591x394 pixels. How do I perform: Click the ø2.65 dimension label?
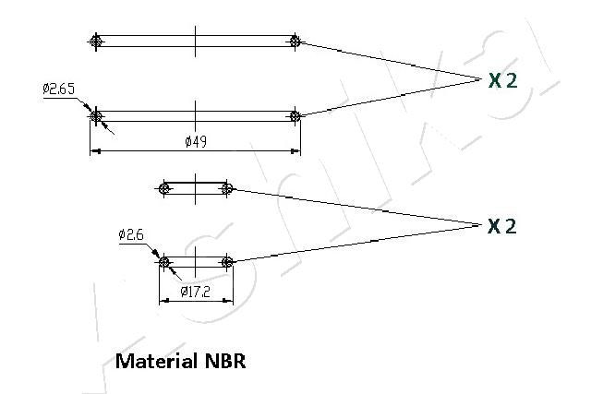(58, 89)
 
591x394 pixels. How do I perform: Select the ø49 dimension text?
(196, 141)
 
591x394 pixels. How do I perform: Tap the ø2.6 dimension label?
(131, 234)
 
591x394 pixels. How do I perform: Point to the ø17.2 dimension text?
(195, 292)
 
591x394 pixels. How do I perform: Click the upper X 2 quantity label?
(502, 80)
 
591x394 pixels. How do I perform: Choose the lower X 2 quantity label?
(502, 226)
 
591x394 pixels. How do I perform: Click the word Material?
(156, 361)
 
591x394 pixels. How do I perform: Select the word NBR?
(225, 361)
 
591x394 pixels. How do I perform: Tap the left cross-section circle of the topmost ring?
(96, 41)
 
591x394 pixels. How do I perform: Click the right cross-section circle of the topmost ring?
(295, 41)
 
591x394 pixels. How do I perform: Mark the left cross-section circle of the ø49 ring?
(96, 116)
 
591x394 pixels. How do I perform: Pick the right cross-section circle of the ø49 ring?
(295, 116)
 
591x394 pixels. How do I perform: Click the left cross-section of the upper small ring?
(163, 188)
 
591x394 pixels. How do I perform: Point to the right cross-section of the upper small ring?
(227, 188)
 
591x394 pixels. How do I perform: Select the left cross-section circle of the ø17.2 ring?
(163, 261)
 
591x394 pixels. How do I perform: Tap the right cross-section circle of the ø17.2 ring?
(227, 261)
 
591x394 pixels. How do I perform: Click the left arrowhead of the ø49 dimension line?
(95, 151)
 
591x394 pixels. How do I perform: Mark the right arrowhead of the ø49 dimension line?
(295, 151)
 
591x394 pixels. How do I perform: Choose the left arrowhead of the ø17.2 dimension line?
(164, 301)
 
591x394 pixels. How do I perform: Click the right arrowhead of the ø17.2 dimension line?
(228, 301)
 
